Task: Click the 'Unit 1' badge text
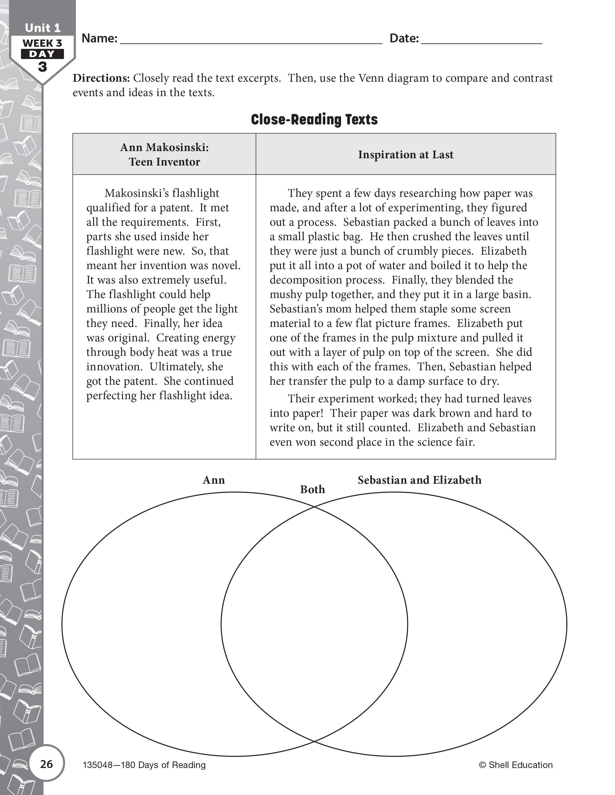[43, 28]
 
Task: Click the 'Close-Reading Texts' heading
[314, 119]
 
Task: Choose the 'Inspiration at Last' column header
[405, 154]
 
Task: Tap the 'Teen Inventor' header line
[164, 162]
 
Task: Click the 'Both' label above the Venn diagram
[312, 490]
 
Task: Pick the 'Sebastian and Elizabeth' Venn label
[419, 480]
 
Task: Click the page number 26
[47, 764]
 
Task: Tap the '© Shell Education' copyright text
[516, 765]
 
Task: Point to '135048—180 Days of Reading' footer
[144, 765]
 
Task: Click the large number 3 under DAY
[43, 67]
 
